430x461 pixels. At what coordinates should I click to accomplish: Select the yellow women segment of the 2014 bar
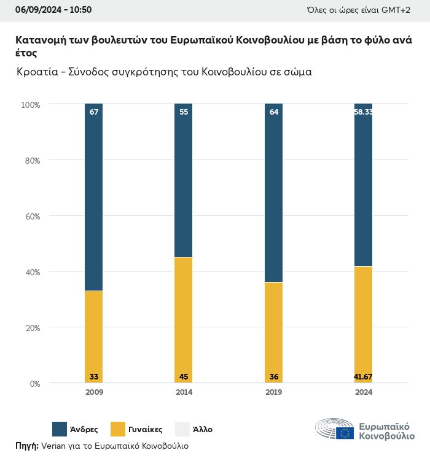coord(183,319)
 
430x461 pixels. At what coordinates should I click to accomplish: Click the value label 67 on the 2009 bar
coord(93,112)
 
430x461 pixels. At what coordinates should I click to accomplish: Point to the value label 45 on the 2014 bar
coord(183,376)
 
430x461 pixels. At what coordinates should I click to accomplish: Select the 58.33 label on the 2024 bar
coord(363,112)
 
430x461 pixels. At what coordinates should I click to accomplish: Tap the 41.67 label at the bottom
coord(363,376)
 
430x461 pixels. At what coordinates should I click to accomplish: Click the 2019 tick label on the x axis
coord(273,392)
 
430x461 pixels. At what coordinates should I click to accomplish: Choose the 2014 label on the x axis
coord(183,392)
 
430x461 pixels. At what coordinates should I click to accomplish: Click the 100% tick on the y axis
coord(30,105)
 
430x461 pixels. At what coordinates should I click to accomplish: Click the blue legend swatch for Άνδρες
coord(60,429)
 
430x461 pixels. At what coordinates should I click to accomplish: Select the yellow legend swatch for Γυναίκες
coord(118,429)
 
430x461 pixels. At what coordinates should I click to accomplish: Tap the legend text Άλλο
coord(202,429)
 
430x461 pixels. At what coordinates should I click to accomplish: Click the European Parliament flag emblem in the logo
coord(345,433)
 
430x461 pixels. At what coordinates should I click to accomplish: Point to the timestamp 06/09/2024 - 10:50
coord(53,10)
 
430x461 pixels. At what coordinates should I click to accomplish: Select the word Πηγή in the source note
coord(26,446)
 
